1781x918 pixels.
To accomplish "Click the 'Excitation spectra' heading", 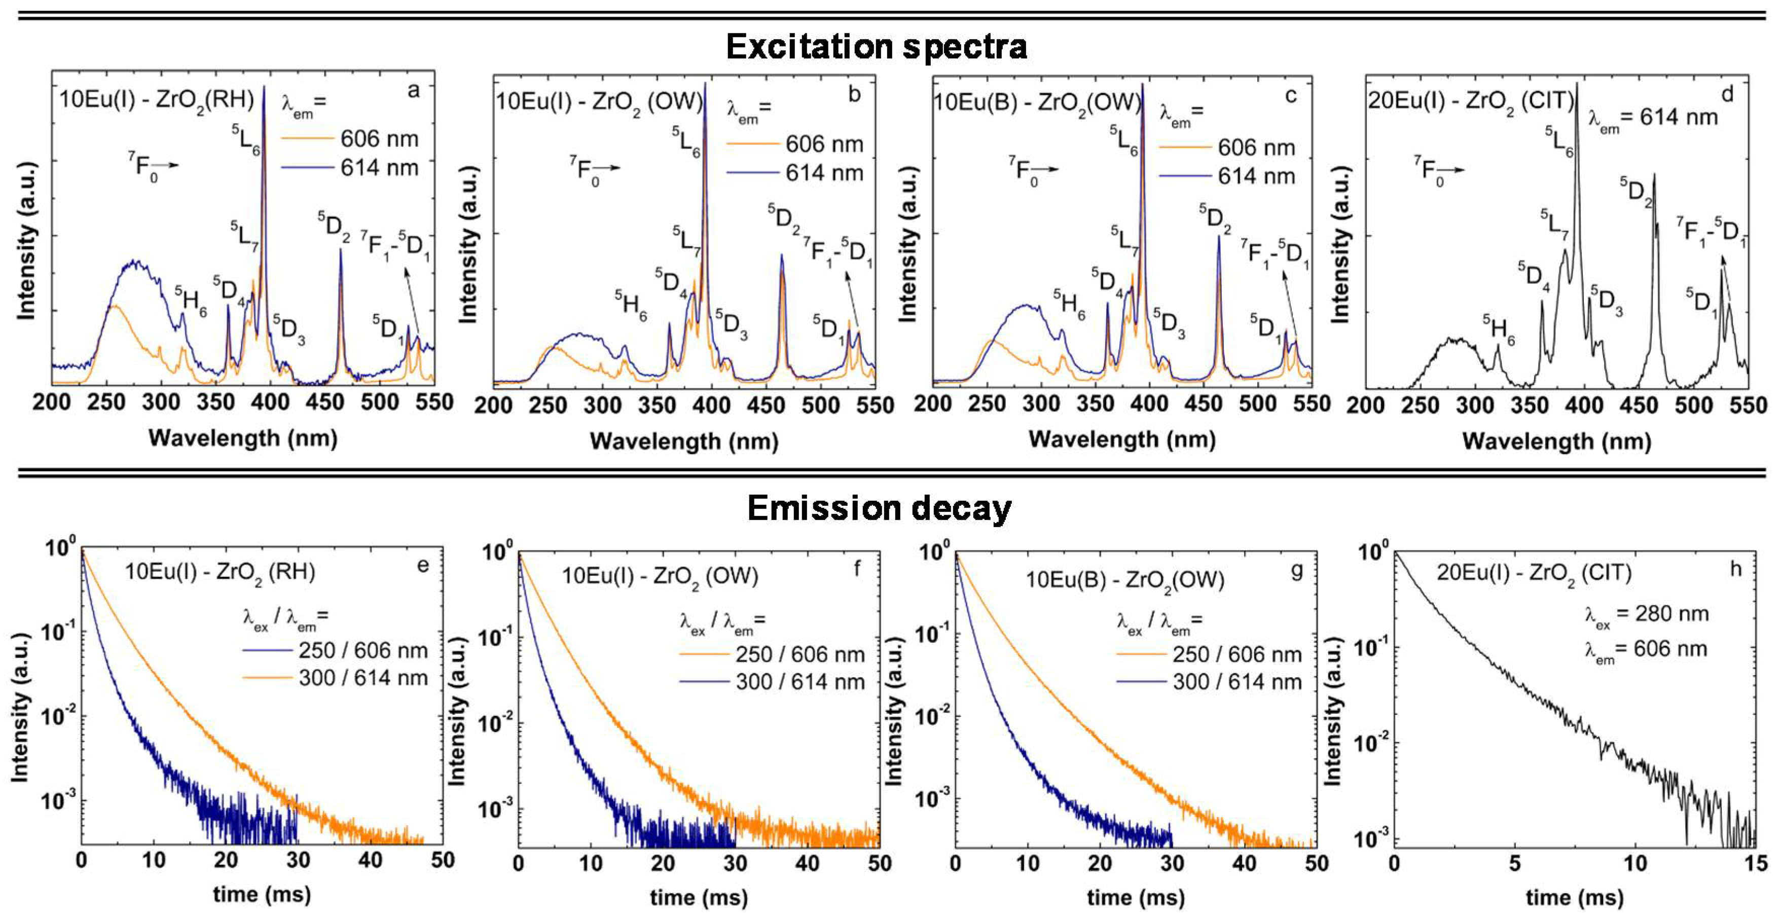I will click(876, 47).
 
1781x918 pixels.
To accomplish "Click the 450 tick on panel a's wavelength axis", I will click(324, 402).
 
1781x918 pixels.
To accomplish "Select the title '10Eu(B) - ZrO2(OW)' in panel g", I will click(1124, 579).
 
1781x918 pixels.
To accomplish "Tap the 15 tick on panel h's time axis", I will click(1755, 863).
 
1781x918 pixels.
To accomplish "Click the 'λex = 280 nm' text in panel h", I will click(1646, 614).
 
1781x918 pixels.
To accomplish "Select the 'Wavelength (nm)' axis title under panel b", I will click(684, 441).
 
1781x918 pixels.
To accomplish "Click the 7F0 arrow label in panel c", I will click(1032, 169).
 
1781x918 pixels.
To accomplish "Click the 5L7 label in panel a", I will click(244, 235).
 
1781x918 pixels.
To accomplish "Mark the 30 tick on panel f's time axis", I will click(735, 863).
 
